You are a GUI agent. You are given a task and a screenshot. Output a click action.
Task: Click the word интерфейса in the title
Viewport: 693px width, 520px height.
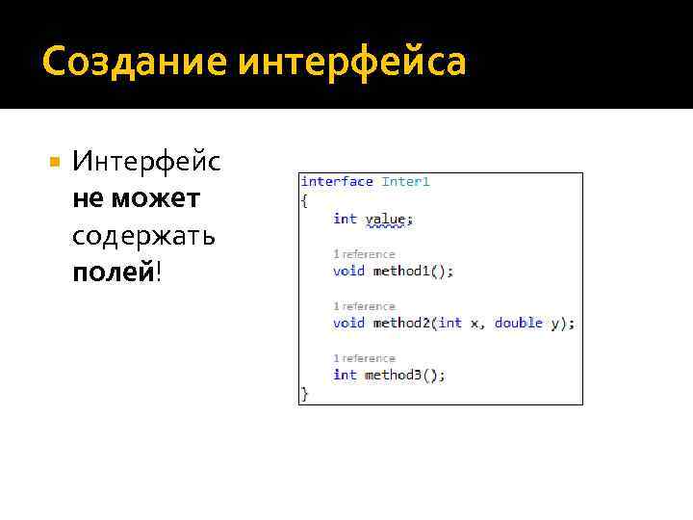[352, 63]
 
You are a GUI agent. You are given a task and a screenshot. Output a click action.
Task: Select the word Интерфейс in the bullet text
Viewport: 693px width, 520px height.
[146, 162]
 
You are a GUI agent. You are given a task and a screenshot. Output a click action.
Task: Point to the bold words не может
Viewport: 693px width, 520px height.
[136, 198]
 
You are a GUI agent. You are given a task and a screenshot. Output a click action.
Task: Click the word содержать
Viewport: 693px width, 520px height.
[143, 235]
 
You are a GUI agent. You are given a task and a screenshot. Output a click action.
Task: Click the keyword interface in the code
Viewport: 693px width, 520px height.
[337, 181]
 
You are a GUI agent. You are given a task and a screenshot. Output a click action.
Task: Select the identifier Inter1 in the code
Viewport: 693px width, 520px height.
[405, 181]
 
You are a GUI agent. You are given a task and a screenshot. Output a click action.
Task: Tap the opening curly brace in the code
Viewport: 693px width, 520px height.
[305, 200]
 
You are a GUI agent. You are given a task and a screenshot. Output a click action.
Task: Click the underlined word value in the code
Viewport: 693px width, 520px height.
[385, 219]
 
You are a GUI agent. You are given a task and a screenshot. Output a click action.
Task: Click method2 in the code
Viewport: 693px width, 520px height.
[398, 323]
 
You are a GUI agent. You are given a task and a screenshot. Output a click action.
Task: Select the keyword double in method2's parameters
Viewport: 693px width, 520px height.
[519, 323]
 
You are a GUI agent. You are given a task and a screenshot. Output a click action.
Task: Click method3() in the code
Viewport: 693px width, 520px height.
[405, 375]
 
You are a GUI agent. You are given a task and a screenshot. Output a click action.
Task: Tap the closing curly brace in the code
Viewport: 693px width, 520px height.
[305, 393]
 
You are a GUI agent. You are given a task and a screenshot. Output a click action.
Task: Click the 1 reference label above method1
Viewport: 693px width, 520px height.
[364, 254]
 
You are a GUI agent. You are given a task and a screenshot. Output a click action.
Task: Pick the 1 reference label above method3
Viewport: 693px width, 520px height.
[364, 358]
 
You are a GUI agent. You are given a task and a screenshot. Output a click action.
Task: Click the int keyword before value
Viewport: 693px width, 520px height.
[345, 219]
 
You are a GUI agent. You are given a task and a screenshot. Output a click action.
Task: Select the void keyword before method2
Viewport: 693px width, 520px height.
[348, 323]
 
